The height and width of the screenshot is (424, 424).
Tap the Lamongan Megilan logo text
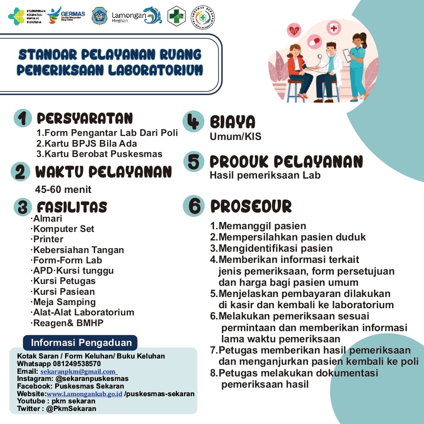pos(129,16)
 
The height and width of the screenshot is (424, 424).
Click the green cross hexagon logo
pos(176,16)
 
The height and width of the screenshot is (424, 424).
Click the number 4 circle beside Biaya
pos(193,122)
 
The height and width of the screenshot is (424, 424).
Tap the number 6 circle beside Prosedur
pos(194,206)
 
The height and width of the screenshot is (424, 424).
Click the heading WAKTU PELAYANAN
pos(103,172)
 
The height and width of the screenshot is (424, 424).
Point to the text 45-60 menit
pos(63,189)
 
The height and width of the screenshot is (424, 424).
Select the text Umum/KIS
pos(235,136)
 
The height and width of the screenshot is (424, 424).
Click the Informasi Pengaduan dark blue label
pos(81,343)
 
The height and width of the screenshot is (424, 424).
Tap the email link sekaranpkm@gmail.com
pos(78,372)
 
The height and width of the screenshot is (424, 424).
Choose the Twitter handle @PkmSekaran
pos(71,409)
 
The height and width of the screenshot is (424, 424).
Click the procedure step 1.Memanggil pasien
pos(258,226)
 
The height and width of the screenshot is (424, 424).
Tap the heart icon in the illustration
pos(294,31)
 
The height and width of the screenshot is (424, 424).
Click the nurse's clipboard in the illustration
pos(346,55)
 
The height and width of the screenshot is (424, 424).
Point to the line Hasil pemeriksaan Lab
pos(265,175)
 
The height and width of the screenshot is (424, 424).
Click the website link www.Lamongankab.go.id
pos(84,394)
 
